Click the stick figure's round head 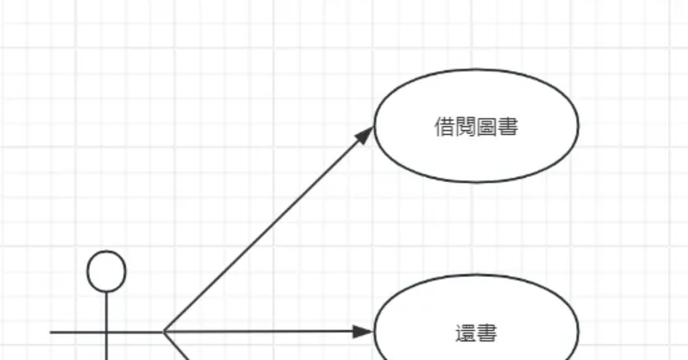coord(106,271)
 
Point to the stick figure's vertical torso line coord(107,312)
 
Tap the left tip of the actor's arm coord(52,332)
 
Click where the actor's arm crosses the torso coord(107,332)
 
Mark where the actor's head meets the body coord(107,292)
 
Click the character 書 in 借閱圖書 coord(508,127)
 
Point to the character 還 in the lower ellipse coord(466,334)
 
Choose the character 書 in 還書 coord(487,334)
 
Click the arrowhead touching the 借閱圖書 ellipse coord(365,135)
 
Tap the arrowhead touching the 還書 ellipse coord(363,331)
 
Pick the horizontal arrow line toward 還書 coord(258,331)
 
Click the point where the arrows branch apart coord(163,331)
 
